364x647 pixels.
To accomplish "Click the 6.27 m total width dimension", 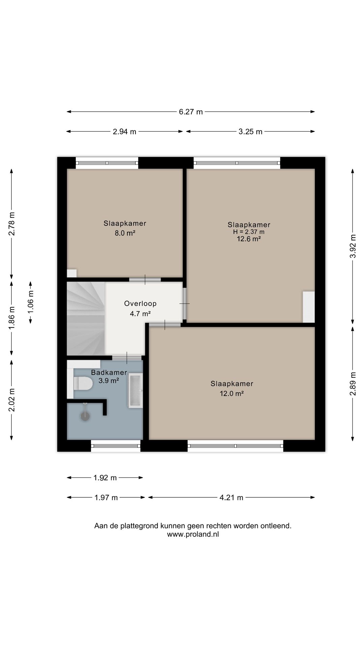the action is coord(191,112).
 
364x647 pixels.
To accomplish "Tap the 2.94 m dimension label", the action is coord(124,132).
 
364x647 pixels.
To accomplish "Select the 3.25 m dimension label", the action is coord(250,132).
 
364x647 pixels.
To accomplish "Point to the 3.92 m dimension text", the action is coord(353,246).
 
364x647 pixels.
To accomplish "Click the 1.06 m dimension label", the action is coord(31,302).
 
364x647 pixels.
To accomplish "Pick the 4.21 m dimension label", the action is coord(231,498).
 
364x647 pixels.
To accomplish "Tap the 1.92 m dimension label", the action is coord(105,478).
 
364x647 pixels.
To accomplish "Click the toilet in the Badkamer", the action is coord(83,383).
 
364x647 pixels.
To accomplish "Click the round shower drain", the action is coord(85,417).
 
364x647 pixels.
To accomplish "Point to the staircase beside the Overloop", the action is coord(86,318).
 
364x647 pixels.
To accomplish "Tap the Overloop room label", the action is coord(140,304).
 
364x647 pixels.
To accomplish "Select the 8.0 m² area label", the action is coord(125,233).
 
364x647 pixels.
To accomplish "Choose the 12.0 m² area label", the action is coord(232,393).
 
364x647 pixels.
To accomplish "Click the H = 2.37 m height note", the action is coord(249,232).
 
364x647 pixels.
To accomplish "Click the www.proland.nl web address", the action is coord(193,534).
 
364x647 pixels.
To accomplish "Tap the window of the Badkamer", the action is coord(116,446).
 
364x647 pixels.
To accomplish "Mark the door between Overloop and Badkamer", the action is coord(127,358).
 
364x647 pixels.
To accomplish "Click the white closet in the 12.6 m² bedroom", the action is coord(308,307).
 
